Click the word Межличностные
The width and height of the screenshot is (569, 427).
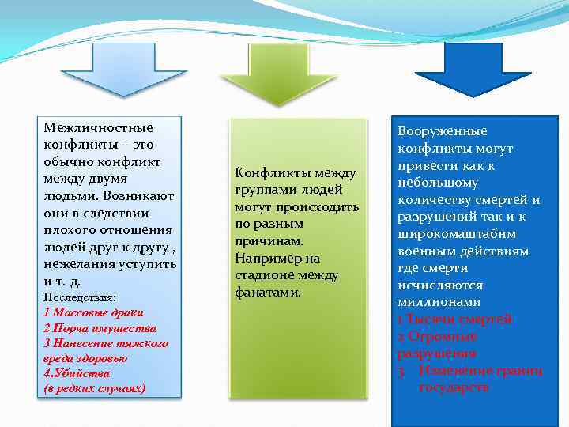point(98,127)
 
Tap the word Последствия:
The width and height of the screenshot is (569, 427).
point(79,297)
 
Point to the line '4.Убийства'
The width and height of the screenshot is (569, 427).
point(77,373)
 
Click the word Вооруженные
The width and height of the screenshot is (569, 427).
point(442,131)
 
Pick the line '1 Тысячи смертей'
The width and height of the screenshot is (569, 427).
point(454,319)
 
